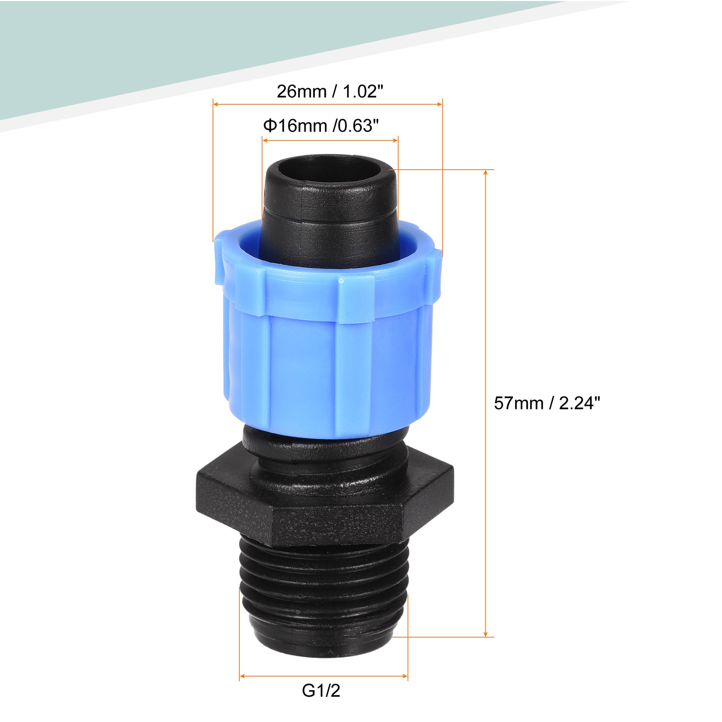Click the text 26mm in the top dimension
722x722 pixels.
pyautogui.click(x=301, y=92)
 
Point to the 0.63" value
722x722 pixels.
pyautogui.click(x=357, y=126)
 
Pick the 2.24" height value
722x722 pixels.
pyautogui.click(x=580, y=403)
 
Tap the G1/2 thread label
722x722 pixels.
pyautogui.click(x=321, y=691)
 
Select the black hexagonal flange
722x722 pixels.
pyautogui.click(x=325, y=501)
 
